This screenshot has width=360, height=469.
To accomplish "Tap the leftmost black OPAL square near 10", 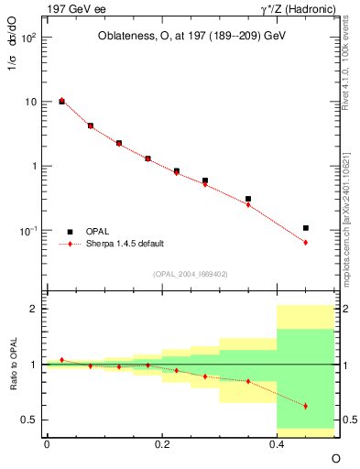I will click(x=61, y=102).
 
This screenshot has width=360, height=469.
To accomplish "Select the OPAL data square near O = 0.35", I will click(x=248, y=199).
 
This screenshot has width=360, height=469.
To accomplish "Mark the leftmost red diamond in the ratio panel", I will click(x=61, y=360).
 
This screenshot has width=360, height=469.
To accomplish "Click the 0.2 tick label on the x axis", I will click(x=161, y=443).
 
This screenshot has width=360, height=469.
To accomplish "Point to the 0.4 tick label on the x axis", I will click(x=277, y=443).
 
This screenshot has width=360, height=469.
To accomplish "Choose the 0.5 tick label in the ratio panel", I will click(x=31, y=420).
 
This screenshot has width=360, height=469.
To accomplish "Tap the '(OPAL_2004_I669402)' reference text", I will click(x=189, y=273).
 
